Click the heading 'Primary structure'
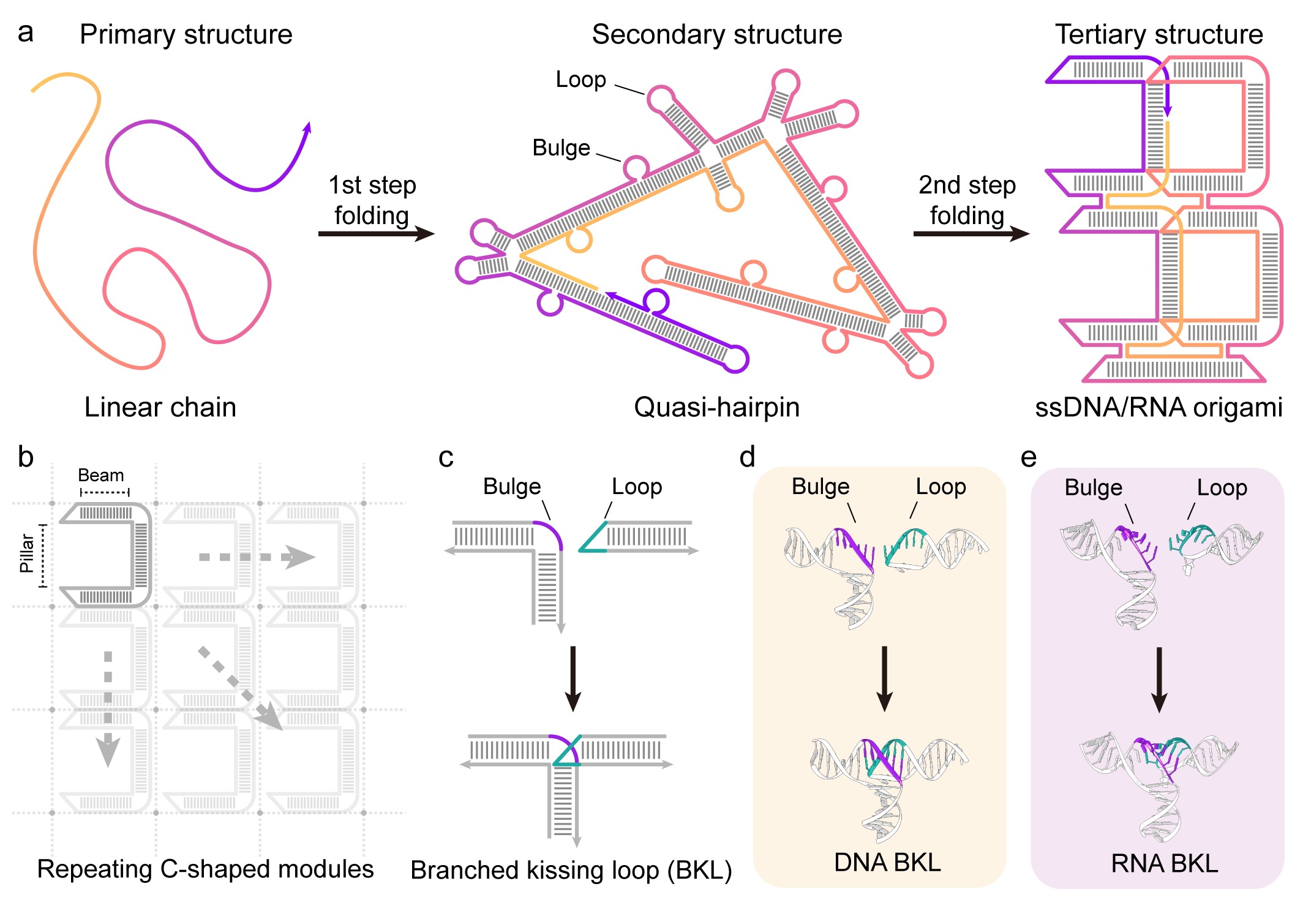pos(186,34)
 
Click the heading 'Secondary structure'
pos(716,34)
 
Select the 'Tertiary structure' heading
pos(1158,34)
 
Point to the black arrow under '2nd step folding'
pos(971,233)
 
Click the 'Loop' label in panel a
pos(580,80)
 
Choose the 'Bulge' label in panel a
pos(561,148)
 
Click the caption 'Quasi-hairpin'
pos(716,407)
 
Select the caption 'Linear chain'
pos(160,407)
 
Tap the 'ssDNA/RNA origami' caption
pos(1158,407)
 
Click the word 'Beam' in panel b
pos(101,475)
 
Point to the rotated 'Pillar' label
pos(27,553)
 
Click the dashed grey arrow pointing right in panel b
pos(257,557)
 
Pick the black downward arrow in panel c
pos(573,678)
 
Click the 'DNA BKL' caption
pos(887,862)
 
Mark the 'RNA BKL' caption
pos(1164,863)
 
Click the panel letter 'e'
pos(1029,457)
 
